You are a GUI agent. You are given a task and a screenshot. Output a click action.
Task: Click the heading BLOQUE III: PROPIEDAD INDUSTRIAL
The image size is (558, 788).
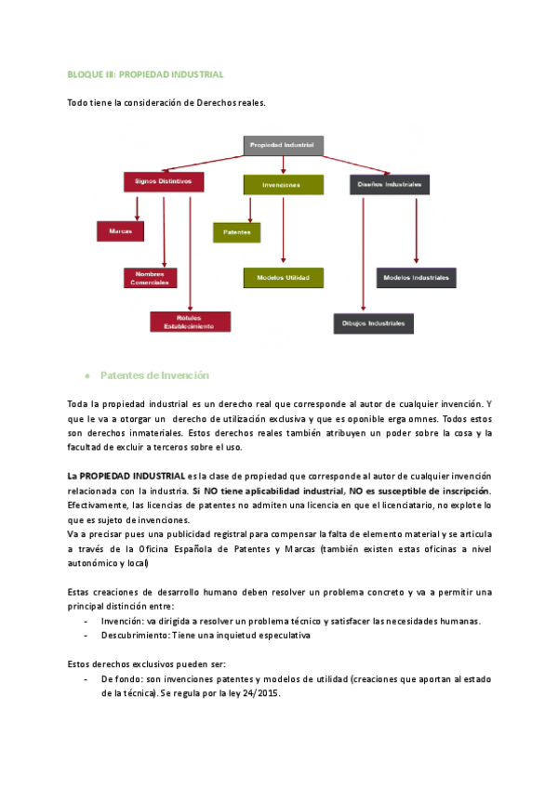point(146,74)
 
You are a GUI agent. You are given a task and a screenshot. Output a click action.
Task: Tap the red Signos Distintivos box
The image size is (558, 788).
point(163,182)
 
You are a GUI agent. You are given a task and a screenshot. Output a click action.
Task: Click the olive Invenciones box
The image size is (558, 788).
point(283,185)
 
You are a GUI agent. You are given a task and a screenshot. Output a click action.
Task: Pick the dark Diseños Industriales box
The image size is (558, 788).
point(390,185)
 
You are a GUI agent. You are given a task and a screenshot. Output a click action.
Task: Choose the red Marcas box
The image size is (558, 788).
point(120,230)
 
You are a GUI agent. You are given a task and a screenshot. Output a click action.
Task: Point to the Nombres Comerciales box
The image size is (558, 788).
point(150,278)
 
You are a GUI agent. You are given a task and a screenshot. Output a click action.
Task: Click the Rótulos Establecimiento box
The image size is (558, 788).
point(190,322)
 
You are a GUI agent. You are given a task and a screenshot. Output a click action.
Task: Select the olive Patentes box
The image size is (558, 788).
point(236,231)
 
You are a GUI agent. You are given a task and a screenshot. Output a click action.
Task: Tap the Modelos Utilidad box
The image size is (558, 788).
point(283,277)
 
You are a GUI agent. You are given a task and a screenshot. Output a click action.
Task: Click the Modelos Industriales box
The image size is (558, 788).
point(416,277)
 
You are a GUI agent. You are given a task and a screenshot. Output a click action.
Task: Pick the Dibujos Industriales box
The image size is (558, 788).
point(374,323)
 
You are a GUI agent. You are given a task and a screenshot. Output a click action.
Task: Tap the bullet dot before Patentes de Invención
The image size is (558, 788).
point(86,376)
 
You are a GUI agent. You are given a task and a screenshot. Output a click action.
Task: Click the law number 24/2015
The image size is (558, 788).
point(265,694)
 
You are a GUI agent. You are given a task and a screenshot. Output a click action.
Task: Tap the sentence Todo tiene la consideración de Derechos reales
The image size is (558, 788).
point(166,103)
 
